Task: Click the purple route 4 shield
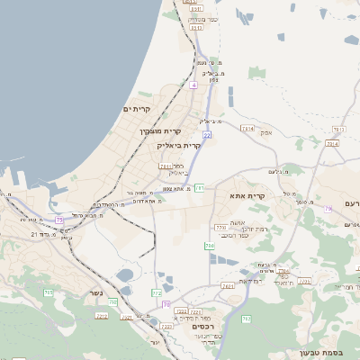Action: tap(193, 85)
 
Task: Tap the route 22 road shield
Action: tap(207, 135)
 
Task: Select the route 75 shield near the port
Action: tap(59, 220)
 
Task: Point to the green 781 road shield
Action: tap(199, 187)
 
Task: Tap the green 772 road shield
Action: tap(157, 293)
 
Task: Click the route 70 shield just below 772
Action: tap(166, 304)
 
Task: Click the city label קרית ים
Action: tap(137, 109)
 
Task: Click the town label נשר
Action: tap(95, 293)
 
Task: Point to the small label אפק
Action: tap(265, 131)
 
